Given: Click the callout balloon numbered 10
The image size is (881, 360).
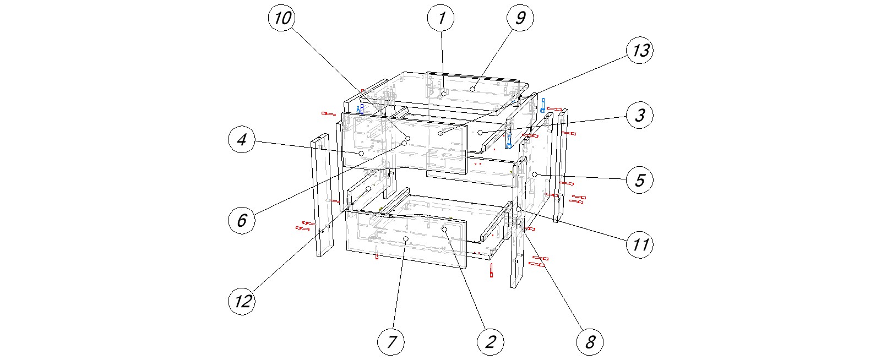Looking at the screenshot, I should (282, 18).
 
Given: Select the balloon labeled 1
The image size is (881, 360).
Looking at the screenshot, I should (441, 18).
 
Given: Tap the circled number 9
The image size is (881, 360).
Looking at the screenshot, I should (520, 18).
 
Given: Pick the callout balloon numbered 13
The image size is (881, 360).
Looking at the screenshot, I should (640, 51).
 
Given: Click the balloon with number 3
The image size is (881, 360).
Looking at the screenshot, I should (640, 116).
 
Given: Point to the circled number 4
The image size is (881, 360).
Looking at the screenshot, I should (241, 140).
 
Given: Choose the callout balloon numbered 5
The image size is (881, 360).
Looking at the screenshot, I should (640, 180).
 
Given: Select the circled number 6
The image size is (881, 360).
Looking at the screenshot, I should (241, 220).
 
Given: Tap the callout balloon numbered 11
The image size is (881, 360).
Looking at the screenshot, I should (640, 243).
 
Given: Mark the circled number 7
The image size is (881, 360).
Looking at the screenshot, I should (391, 342).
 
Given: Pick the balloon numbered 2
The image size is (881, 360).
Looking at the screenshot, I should (490, 342).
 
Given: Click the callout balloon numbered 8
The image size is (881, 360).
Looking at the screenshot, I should (590, 342).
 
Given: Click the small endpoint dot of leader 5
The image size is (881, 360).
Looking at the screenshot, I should (535, 174).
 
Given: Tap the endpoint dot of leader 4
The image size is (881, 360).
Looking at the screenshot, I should (361, 153).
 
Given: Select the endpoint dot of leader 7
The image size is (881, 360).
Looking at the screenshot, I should (406, 239).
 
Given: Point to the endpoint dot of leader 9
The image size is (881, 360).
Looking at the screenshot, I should (472, 89).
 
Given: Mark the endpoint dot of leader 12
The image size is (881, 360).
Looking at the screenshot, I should (368, 189).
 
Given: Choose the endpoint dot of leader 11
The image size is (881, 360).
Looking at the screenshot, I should (518, 209).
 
